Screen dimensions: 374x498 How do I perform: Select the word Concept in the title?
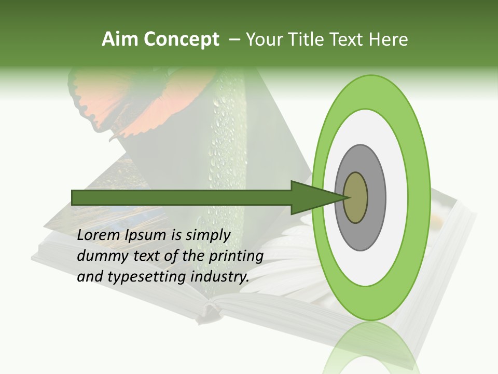[181, 40]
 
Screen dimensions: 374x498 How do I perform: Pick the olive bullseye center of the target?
[355, 197]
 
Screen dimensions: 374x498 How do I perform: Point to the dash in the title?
[234, 39]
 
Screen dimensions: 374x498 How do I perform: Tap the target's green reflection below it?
[371, 348]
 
